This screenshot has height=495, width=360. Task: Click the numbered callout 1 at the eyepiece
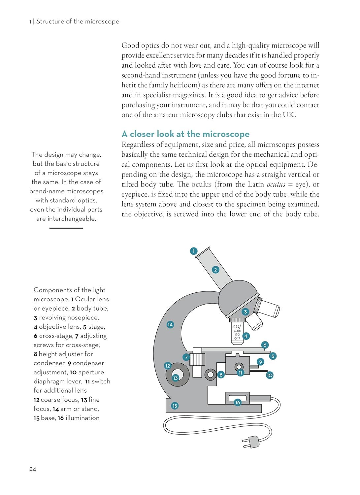194,251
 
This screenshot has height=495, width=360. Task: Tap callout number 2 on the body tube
215,270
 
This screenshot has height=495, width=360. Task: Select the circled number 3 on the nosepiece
245,312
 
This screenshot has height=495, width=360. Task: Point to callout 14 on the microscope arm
170,324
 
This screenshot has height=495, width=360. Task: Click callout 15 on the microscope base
175,406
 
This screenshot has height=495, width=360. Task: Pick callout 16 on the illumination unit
238,402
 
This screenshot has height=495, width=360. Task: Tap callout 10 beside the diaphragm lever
270,375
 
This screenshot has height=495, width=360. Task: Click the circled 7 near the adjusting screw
186,357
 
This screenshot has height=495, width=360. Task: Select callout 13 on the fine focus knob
176,378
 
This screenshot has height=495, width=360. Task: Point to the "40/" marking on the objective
237,326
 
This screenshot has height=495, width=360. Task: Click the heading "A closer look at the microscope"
185,134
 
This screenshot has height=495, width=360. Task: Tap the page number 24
33,469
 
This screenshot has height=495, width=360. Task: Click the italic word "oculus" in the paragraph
276,184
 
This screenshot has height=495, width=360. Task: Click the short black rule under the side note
66,228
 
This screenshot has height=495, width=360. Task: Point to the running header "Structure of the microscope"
78,21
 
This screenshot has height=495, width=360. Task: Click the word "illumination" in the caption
82,418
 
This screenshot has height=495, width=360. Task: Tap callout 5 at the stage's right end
273,356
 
